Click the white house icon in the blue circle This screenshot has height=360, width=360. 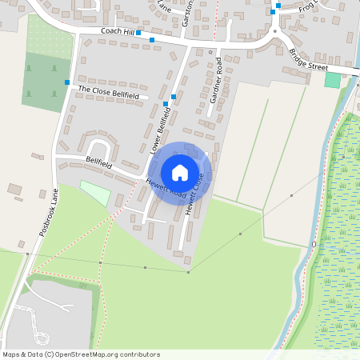(x=180, y=172)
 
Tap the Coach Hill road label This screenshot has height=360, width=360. (x=117, y=30)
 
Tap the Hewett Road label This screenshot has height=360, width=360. (x=166, y=189)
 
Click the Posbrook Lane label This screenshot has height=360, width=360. (x=49, y=210)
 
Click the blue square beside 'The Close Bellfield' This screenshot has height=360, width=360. (x=67, y=82)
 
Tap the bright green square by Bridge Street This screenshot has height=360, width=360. (x=332, y=80)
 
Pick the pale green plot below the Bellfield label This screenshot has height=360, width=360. (x=96, y=193)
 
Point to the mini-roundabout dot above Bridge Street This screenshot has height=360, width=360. (x=274, y=32)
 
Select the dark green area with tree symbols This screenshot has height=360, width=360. (x=45, y=82)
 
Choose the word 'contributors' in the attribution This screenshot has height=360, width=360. (x=138, y=354)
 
